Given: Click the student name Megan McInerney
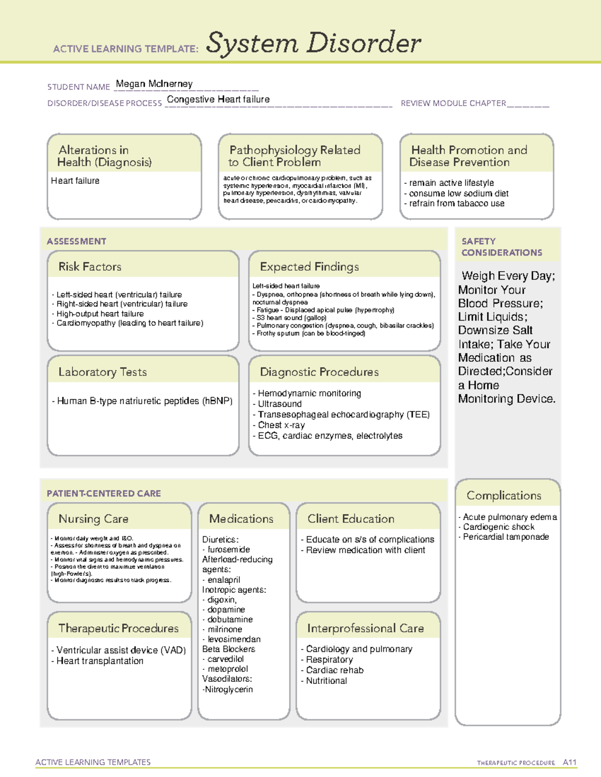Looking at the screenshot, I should (x=154, y=84).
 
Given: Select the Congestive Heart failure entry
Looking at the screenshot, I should (x=218, y=100).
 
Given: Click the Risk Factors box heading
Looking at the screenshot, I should (x=90, y=267).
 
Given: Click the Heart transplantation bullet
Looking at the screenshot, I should (x=100, y=661).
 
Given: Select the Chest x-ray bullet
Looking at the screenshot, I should (x=281, y=425).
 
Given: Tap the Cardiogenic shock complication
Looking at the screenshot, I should (x=498, y=527).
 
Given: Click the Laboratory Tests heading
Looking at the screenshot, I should (x=103, y=372).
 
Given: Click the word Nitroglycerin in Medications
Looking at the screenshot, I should (x=229, y=689).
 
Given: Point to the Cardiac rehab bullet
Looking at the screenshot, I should (x=335, y=670).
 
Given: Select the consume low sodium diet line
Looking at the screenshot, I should (x=459, y=193).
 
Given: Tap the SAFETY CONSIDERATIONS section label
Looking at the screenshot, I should (x=501, y=247).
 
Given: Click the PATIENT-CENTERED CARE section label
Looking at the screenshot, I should (x=104, y=493).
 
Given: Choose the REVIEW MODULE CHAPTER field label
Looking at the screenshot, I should (x=453, y=103).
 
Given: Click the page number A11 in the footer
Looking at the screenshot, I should (x=569, y=762).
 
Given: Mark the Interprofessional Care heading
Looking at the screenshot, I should (x=366, y=628).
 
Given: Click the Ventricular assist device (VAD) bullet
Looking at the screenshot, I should (x=121, y=650).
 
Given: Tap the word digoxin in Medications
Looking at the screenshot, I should (x=221, y=599).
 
